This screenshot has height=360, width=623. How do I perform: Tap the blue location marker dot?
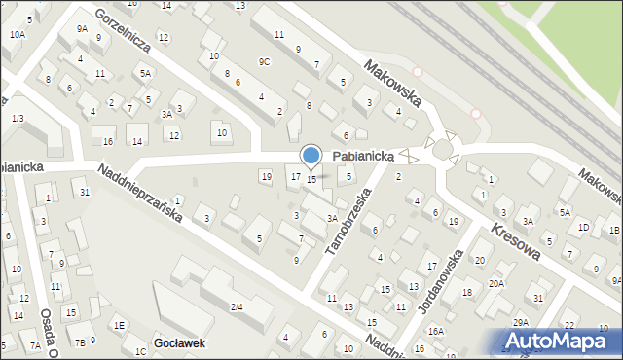[311, 156]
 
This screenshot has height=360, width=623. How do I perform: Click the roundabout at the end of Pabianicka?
[443, 149]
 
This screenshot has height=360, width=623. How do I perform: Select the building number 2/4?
[237, 307]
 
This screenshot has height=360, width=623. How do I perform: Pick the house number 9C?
[264, 61]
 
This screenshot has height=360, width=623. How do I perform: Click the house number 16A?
[436, 331]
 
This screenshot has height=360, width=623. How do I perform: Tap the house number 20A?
[496, 283]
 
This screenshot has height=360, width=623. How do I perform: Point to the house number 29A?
[521, 322]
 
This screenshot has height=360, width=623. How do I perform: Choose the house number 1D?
[583, 228]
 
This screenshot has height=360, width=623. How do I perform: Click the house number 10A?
[17, 34]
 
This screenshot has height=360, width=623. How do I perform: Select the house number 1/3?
[18, 118]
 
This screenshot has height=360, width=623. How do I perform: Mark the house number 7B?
[80, 342]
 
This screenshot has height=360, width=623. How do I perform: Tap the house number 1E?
[119, 325]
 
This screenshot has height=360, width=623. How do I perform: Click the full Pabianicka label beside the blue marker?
[362, 155]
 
